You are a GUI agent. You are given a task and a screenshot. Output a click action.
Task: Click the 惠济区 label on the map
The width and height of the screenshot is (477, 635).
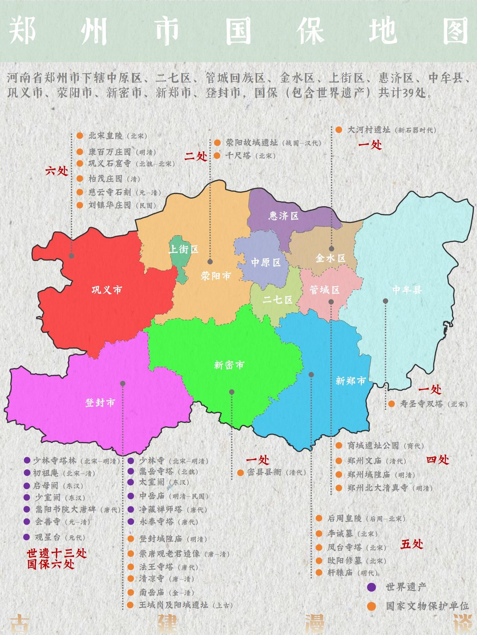pos(284,216)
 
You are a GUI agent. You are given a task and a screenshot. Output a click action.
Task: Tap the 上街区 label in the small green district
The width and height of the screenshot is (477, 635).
pos(183,249)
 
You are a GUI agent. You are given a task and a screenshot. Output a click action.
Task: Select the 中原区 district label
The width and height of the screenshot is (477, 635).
pos(265,262)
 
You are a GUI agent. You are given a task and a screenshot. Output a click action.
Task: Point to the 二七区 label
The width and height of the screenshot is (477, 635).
pos(277,299)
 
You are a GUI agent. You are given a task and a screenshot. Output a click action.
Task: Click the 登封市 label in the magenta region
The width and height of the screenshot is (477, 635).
pos(100,403)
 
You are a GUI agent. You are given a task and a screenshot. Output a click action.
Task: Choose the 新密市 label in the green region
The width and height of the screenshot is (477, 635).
pos(229,365)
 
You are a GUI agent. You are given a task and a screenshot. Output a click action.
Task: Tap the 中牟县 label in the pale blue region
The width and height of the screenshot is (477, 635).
pos(407,290)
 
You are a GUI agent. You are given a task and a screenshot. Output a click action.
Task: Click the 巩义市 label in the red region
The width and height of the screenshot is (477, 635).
pos(107,290)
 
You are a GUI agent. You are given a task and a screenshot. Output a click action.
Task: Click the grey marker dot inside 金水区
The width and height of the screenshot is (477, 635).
pos(331,249)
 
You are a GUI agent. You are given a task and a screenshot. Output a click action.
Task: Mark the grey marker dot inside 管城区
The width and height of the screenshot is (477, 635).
pos(331,302)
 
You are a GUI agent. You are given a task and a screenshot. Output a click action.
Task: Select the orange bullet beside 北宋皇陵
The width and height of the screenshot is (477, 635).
pos(79,136)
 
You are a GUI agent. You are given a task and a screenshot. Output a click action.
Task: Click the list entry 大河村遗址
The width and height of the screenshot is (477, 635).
pos(369,130)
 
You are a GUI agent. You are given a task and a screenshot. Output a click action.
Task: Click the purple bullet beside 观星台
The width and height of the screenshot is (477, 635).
pos(26,537)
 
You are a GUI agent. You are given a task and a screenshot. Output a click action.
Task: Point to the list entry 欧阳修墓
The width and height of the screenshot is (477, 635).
pos(341,561)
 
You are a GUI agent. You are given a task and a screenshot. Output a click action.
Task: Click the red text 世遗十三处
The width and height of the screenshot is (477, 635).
pos(57,553)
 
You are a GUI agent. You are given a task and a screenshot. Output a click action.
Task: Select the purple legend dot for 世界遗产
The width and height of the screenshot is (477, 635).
pos(371,587)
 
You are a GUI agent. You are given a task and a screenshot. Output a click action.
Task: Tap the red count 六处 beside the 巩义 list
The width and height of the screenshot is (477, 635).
pos(57,171)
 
